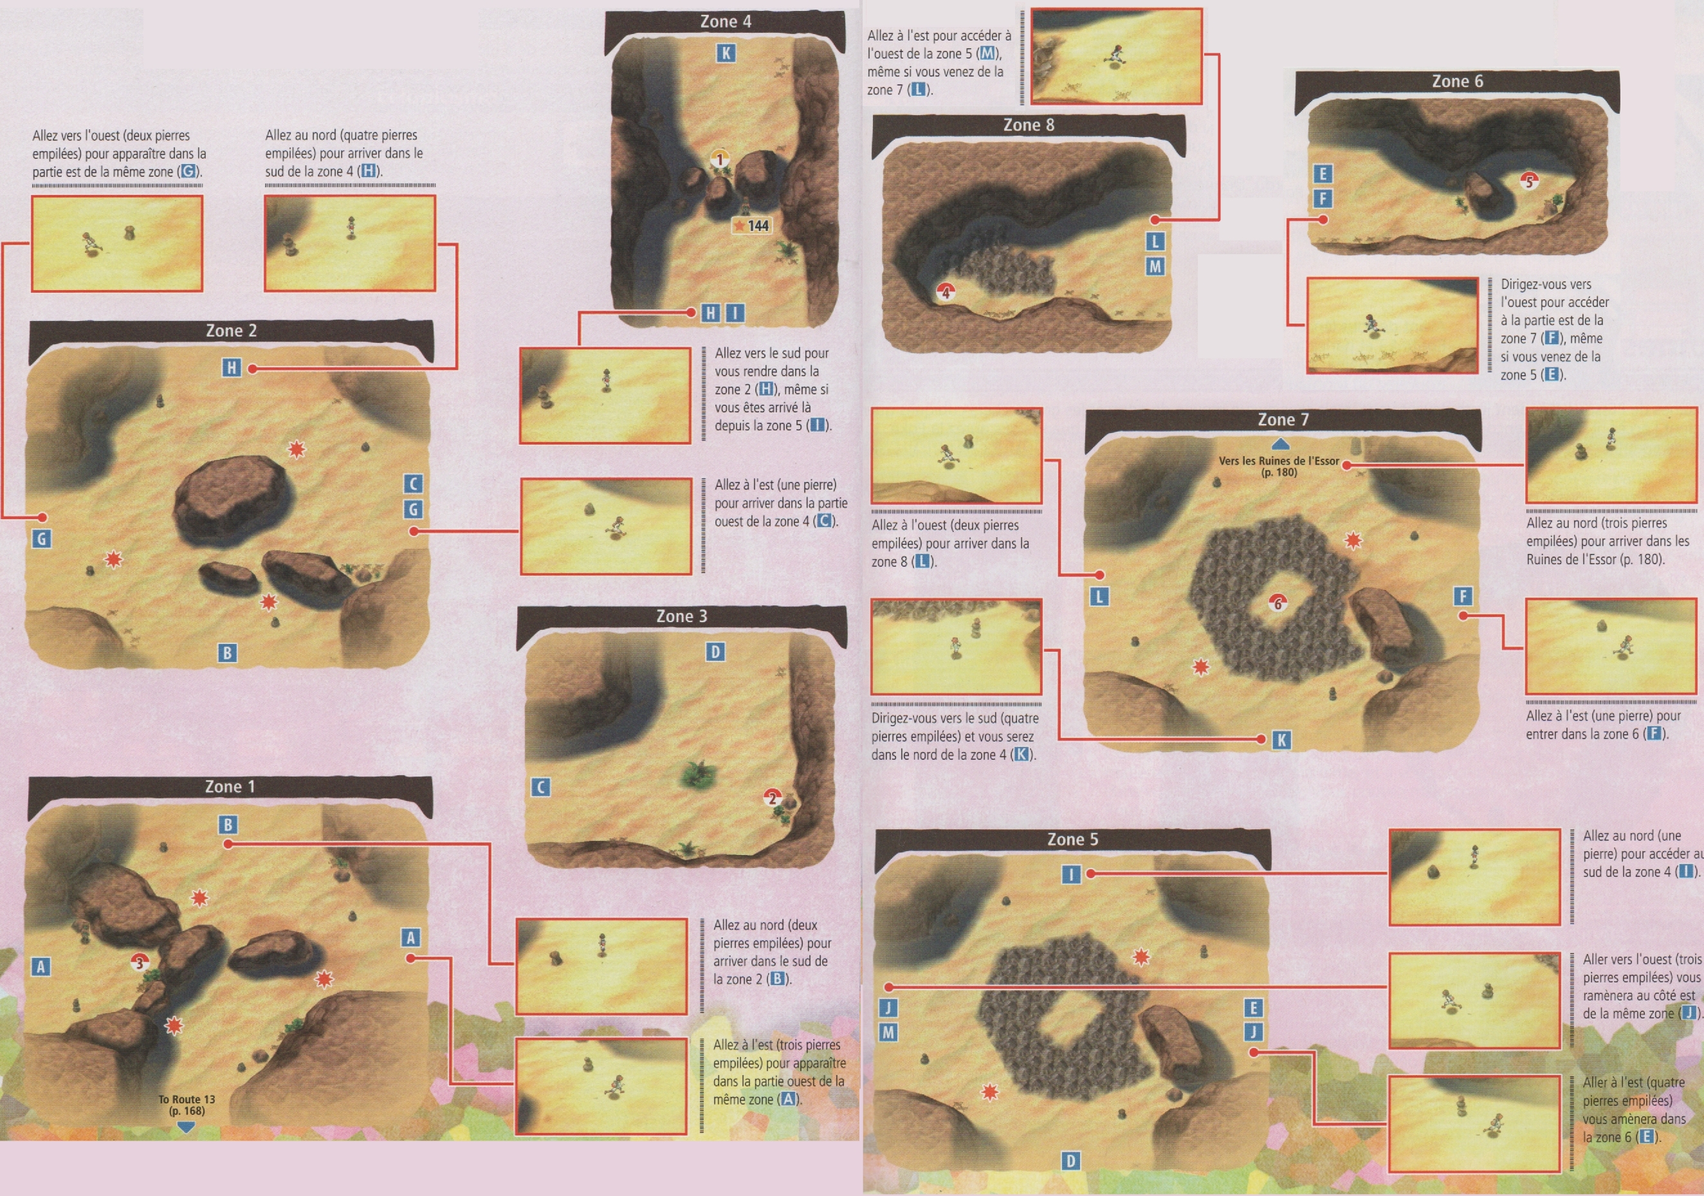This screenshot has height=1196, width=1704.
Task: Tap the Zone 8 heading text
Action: pyautogui.click(x=1028, y=125)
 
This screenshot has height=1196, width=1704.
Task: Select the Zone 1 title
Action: pyautogui.click(x=230, y=786)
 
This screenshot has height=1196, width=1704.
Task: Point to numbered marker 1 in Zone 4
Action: pyautogui.click(x=719, y=159)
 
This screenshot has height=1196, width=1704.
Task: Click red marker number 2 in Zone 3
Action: pyautogui.click(x=772, y=798)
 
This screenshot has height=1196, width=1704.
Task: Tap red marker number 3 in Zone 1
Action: pyautogui.click(x=139, y=963)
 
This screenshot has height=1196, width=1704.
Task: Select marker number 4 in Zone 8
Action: pyautogui.click(x=945, y=293)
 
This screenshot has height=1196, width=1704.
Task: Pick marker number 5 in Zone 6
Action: pyautogui.click(x=1528, y=180)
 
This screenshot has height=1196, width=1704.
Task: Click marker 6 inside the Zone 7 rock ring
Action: pyautogui.click(x=1278, y=603)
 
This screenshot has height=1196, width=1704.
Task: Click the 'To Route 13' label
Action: pyautogui.click(x=187, y=1105)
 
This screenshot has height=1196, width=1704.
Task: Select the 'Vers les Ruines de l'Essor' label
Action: pyautogui.click(x=1279, y=466)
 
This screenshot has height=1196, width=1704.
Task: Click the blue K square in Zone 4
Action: pyautogui.click(x=726, y=53)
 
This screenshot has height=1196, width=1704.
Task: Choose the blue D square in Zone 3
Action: pyautogui.click(x=715, y=652)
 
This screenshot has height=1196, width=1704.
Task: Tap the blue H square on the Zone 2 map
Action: pyautogui.click(x=232, y=367)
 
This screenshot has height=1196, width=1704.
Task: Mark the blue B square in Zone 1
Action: pyautogui.click(x=228, y=825)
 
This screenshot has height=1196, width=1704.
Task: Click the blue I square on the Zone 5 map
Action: pyautogui.click(x=1071, y=874)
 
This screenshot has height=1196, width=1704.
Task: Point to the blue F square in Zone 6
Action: pyautogui.click(x=1323, y=199)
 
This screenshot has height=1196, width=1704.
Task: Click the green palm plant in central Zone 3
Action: pyautogui.click(x=699, y=775)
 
